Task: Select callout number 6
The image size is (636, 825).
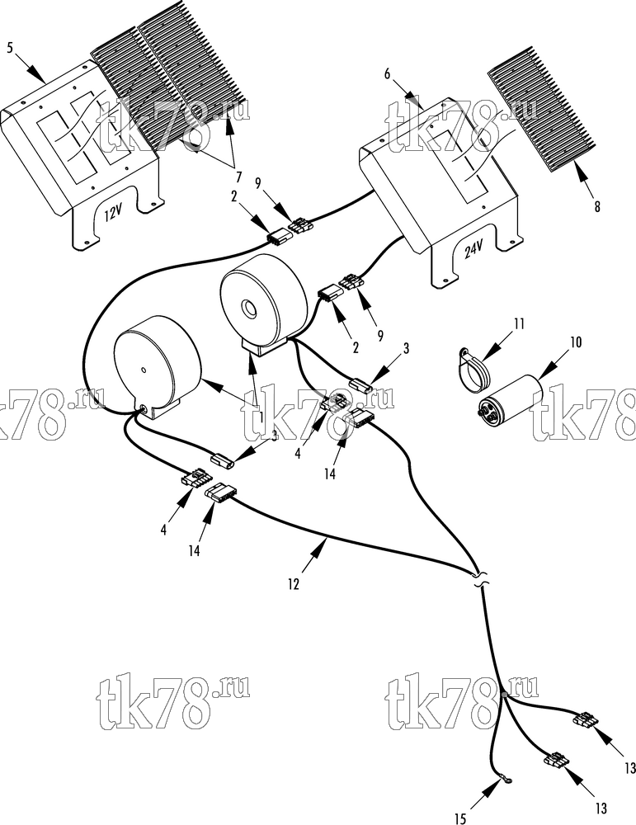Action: (387, 73)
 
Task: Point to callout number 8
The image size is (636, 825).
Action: (597, 207)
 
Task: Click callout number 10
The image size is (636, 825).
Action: (576, 342)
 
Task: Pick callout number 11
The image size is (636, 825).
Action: (519, 323)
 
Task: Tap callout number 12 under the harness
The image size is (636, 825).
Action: (293, 584)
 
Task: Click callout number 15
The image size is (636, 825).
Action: (459, 818)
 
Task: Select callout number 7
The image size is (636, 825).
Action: (238, 175)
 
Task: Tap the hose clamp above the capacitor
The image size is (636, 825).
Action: (473, 370)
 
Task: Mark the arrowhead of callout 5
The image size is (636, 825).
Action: (36, 73)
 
